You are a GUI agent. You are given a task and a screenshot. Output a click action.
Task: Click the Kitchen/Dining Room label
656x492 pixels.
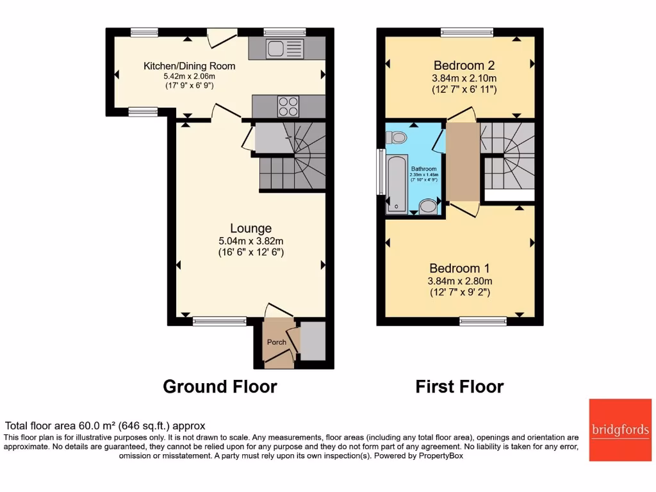[x=189, y=66]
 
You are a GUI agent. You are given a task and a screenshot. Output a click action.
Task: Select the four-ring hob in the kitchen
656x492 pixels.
[x=288, y=106]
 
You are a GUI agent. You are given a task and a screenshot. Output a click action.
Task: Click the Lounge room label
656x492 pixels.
[x=251, y=228]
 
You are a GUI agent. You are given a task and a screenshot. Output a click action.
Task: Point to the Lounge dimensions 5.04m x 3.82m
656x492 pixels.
[x=250, y=241]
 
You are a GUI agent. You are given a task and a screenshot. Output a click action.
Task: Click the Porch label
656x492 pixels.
[x=277, y=342]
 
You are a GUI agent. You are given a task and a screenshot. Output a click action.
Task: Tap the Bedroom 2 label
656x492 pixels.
[x=464, y=65]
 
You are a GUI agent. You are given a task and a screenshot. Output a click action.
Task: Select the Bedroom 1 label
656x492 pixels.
[x=460, y=268]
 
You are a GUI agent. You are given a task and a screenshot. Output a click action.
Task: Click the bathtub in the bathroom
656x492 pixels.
[x=397, y=183]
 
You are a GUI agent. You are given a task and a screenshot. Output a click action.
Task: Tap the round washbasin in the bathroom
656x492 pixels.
[x=427, y=206]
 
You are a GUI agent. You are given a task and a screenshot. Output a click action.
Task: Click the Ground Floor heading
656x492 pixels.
[x=220, y=387]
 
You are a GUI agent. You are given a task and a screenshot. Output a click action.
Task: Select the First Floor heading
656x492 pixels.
[x=459, y=387]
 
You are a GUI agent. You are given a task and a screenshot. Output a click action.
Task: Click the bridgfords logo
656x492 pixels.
[x=619, y=430]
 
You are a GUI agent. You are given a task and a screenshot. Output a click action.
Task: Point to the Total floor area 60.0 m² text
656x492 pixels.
[x=105, y=425]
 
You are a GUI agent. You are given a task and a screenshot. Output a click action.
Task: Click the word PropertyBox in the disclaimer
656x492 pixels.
[x=434, y=456]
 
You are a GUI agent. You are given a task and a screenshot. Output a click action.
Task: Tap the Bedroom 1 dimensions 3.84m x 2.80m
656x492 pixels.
[x=460, y=281]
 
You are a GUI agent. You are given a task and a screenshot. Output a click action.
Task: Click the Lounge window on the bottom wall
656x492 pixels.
[x=220, y=322]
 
